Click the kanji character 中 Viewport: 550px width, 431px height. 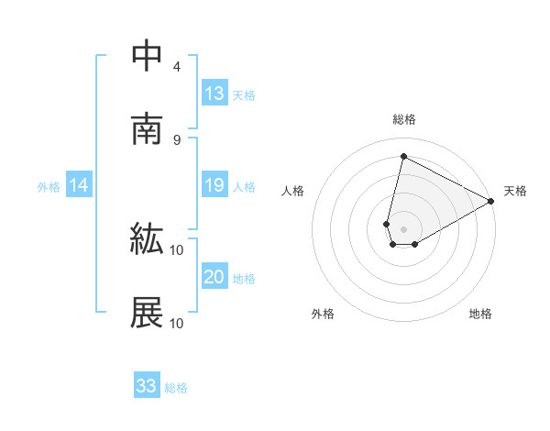pos(147,57)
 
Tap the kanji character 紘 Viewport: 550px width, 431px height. pos(147,240)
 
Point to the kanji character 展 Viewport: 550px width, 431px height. pos(147,313)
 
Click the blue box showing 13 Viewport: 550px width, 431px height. pos(214,94)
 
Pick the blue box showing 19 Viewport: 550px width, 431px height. pos(214,186)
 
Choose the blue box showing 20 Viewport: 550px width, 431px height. pos(214,278)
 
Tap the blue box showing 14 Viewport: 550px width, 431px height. pos(79,186)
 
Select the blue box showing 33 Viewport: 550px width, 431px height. pos(147,386)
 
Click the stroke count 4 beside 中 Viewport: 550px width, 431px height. pos(177,67)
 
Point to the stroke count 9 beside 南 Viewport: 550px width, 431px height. pos(177,139)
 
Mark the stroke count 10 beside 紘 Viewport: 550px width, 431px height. pos(177,249)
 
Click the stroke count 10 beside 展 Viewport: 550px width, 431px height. pos(177,323)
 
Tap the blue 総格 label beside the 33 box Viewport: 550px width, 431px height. pos(176,388)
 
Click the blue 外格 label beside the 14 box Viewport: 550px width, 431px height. pos(49,187)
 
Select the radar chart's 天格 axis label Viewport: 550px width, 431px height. pos(515,191)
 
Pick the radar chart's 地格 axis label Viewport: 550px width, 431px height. pos(480,315)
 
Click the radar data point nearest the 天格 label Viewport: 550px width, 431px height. pos(492,202)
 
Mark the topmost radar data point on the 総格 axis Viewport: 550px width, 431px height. pos(403,157)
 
